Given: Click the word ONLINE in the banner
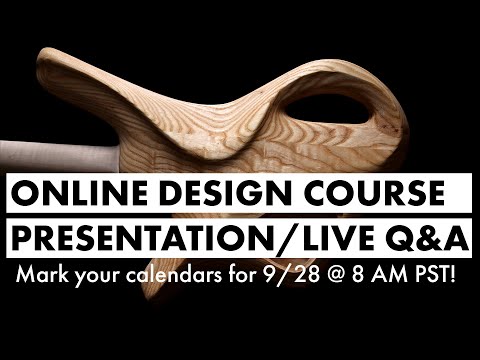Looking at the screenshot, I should click(69, 192).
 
